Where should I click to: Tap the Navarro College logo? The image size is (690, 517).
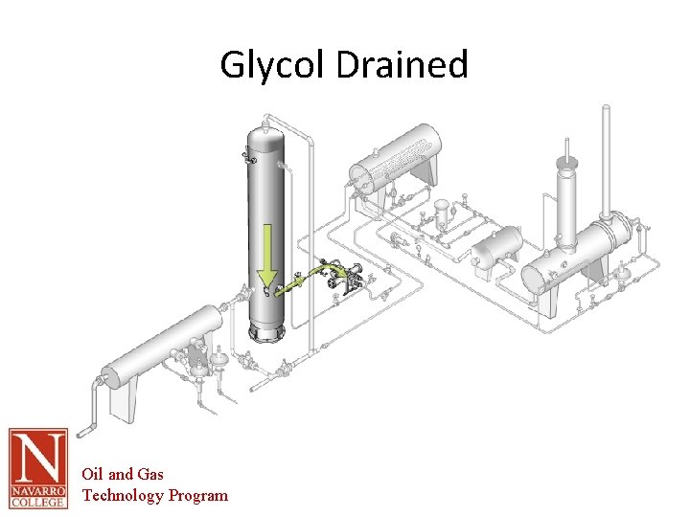pyautogui.click(x=38, y=467)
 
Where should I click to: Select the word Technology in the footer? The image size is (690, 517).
pyautogui.click(x=123, y=495)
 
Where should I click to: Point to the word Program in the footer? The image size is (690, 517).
pyautogui.click(x=198, y=495)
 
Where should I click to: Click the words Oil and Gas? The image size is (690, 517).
pyautogui.click(x=123, y=474)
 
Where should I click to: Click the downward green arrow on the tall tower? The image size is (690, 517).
pyautogui.click(x=266, y=254)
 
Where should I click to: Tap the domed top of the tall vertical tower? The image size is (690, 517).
pyautogui.click(x=266, y=129)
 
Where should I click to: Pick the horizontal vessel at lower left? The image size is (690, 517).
pyautogui.click(x=158, y=354)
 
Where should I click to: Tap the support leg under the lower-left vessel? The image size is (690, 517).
pyautogui.click(x=125, y=402)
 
